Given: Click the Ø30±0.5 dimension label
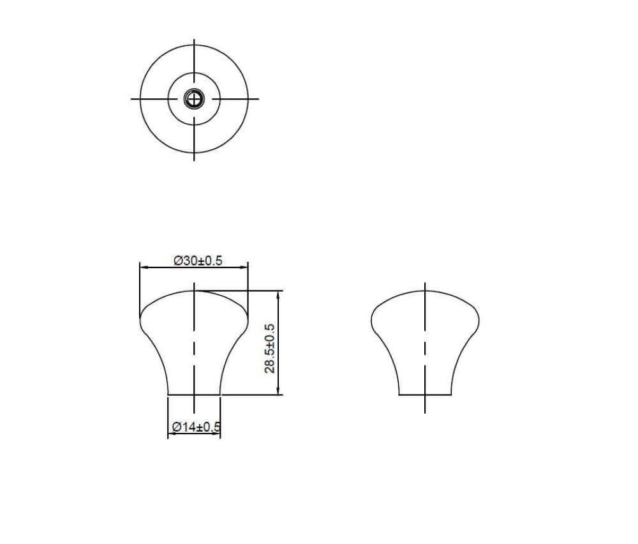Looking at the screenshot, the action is [198, 261].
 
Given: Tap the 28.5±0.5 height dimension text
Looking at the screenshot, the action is [270, 349].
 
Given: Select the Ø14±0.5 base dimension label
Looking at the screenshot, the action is [196, 427].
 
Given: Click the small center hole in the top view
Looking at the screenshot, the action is [194, 98].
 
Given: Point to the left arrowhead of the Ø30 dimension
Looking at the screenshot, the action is [143, 268].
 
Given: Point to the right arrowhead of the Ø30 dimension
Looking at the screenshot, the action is [244, 268].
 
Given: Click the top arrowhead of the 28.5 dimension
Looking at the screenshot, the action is [278, 295].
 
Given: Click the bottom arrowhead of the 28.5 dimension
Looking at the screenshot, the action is [278, 391].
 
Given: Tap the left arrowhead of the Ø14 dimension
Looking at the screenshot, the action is [172, 434].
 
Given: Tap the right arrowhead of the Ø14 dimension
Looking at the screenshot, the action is [216, 434].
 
